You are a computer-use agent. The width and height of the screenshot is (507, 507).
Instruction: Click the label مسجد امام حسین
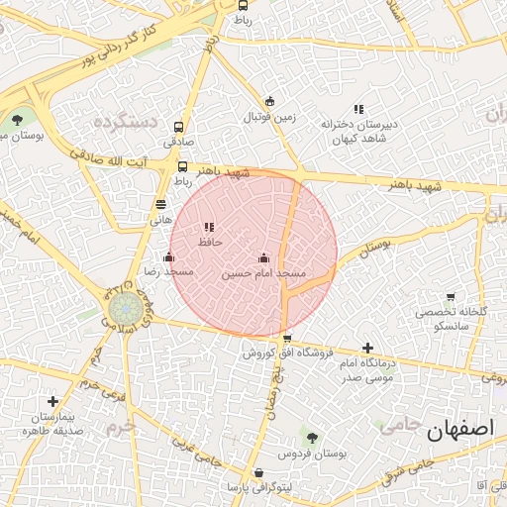pyautogui.click(x=263, y=272)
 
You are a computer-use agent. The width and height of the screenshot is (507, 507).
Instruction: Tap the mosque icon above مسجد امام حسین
pyautogui.click(x=263, y=257)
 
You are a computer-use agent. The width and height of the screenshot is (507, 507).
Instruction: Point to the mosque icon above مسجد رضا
pyautogui.click(x=168, y=257)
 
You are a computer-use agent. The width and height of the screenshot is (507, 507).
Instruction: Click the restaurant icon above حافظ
pyautogui.click(x=209, y=227)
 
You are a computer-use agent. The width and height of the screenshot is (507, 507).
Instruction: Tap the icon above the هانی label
pyautogui.click(x=160, y=204)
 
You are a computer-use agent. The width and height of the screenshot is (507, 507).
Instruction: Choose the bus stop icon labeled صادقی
pyautogui.click(x=179, y=127)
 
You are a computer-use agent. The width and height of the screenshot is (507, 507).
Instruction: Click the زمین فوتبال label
pyautogui.click(x=269, y=116)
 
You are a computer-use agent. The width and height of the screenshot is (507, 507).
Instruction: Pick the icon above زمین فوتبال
pyautogui.click(x=269, y=101)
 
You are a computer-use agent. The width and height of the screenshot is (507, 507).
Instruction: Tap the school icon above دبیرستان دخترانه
pyautogui.click(x=357, y=109)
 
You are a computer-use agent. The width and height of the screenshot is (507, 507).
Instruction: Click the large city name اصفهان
pyautogui.click(x=459, y=431)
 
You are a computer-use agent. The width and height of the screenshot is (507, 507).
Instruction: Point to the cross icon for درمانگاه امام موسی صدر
pyautogui.click(x=368, y=349)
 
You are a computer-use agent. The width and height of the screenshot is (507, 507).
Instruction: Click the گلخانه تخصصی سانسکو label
pyautogui.click(x=453, y=318)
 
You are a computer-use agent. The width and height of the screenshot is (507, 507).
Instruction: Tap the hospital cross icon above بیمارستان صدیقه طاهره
pyautogui.click(x=52, y=402)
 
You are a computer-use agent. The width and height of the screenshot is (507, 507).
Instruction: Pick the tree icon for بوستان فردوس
pyautogui.click(x=312, y=438)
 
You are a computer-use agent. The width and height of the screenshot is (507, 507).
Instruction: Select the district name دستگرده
pyautogui.click(x=126, y=122)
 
